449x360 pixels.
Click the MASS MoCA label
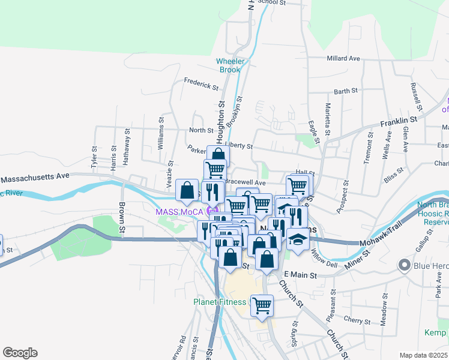point(179,212)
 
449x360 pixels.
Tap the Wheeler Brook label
point(229,65)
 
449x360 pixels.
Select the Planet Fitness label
point(218,302)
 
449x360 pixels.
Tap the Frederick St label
point(201,84)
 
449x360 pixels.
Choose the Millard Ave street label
point(343,59)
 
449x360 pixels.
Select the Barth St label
point(346,91)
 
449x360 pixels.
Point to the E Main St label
point(299,275)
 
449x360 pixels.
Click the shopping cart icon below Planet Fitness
point(262,305)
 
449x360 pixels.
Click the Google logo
point(20,353)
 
